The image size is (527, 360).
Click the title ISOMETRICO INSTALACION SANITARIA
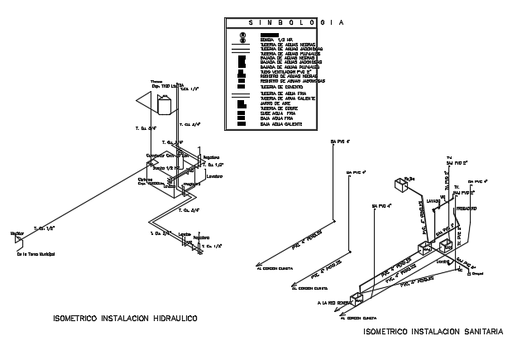point(433,332)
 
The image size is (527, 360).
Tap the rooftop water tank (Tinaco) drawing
point(161,104)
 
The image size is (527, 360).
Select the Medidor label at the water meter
point(17,234)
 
